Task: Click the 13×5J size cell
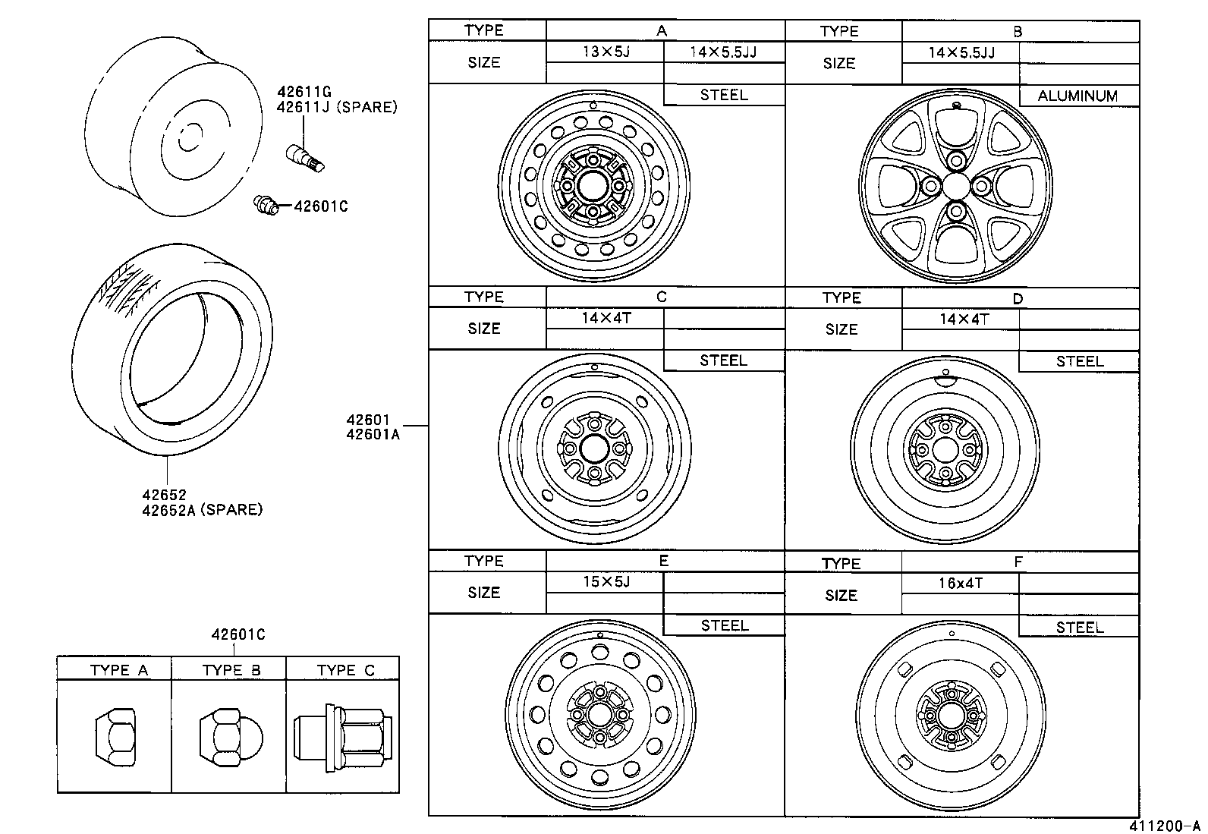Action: tap(605, 52)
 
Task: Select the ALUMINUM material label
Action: tap(1077, 96)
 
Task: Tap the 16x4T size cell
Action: tap(961, 584)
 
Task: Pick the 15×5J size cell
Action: tap(605, 582)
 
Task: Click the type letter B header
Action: tap(1018, 32)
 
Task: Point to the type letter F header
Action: tap(1018, 562)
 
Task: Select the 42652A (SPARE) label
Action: tap(202, 510)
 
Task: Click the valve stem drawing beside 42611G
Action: tap(304, 156)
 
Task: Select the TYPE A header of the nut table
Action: tap(118, 670)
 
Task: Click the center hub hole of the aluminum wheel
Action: tap(956, 186)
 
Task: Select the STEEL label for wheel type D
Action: tap(1079, 361)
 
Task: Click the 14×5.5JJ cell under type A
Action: tap(723, 52)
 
